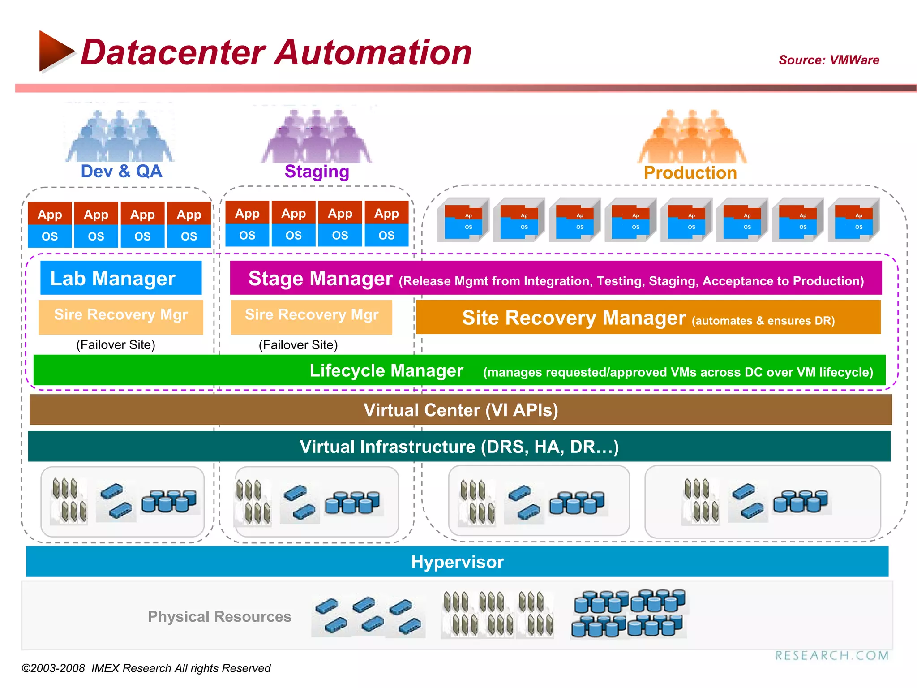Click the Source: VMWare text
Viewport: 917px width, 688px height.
pos(829,60)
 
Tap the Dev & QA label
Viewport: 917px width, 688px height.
pos(121,172)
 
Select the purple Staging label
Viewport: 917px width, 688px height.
pos(317,172)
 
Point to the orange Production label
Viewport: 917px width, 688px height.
pos(690,173)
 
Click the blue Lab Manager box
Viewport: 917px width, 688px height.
pos(121,278)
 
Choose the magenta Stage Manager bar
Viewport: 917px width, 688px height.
pos(555,278)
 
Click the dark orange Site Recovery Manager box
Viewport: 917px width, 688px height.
pos(648,318)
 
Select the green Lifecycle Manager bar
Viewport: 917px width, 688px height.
pos(459,370)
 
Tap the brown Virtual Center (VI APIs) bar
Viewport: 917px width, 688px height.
pos(460,410)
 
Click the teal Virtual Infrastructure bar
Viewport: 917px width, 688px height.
pos(459,447)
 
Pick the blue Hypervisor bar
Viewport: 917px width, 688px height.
pos(457,562)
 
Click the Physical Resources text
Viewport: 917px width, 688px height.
pos(219,617)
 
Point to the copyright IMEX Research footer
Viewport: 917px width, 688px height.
pos(146,668)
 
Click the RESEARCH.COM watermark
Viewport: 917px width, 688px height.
pos(831,656)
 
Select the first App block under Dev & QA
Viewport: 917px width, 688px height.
pos(50,214)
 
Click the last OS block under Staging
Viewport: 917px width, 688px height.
pos(386,236)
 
